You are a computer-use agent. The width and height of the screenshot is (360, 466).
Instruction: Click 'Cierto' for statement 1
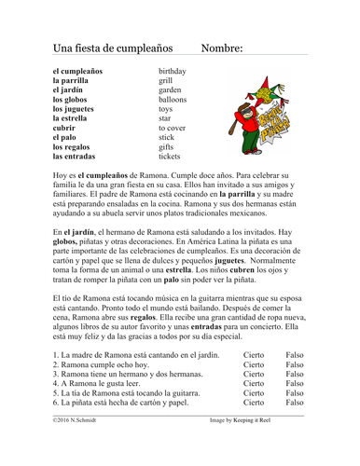tap(253, 355)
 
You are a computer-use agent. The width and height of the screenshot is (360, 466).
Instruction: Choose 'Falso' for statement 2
tap(295, 368)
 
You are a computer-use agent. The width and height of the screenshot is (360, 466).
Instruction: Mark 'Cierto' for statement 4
tap(253, 381)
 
